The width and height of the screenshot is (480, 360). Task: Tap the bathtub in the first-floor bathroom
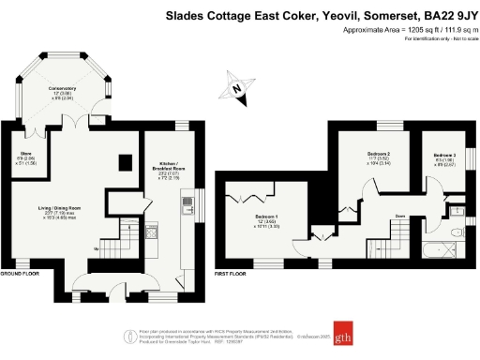433,251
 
